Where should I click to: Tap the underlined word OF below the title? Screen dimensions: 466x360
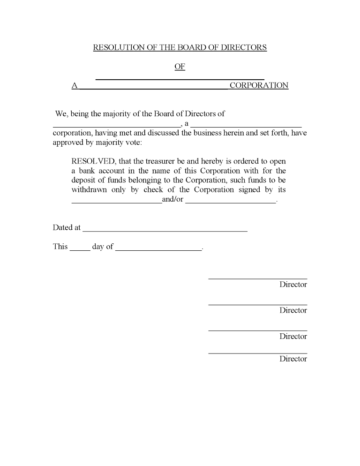coord(180,67)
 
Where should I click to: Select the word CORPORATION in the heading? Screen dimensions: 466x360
coord(259,85)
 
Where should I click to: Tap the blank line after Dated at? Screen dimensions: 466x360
coord(165,231)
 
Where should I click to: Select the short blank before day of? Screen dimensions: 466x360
coord(80,250)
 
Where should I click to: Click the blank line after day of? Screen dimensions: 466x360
coord(158,250)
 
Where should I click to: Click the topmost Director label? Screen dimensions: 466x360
coord(293,284)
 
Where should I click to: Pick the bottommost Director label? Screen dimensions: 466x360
coord(293,359)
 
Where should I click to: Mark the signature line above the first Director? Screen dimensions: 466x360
coord(257,278)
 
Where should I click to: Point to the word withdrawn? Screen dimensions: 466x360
coord(89,190)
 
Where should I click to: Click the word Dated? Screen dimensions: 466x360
coord(63,227)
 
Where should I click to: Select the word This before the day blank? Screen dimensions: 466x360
coord(60,247)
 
